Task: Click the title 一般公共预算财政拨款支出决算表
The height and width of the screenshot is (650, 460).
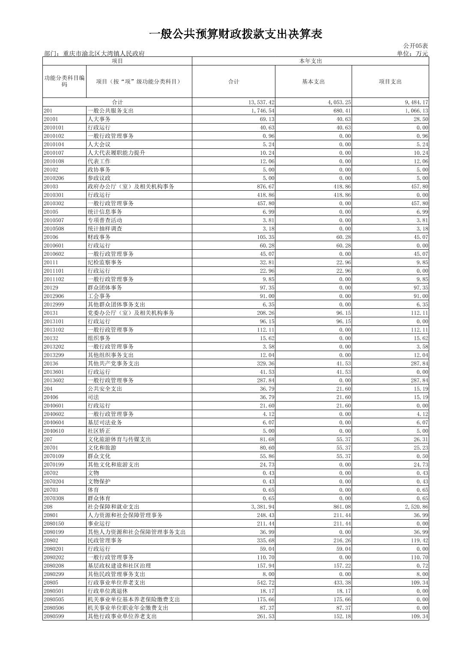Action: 236,34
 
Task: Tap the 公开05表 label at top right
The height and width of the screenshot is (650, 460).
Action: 415,46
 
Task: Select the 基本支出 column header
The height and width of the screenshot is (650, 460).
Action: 313,82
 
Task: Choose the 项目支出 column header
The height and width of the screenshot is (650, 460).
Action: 390,82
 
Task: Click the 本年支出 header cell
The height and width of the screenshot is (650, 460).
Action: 310,61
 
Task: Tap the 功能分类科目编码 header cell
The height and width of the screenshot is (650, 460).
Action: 64,81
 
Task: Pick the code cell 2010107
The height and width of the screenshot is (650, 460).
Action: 54,153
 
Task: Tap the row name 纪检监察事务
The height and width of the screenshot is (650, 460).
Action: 105,262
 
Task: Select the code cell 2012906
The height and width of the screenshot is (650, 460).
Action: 54,296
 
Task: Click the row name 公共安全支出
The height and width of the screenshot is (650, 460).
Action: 105,389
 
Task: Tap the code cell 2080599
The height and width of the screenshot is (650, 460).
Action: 54,616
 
